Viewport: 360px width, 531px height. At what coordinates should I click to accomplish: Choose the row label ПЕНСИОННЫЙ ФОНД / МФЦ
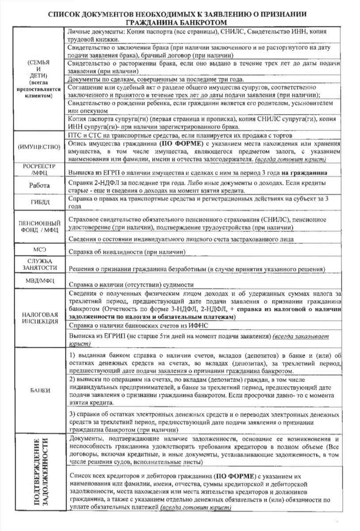(x=36, y=226)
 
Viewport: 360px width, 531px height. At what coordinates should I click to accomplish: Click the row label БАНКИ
(x=36, y=390)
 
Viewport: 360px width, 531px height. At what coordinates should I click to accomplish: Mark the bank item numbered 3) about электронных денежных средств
(x=203, y=422)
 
